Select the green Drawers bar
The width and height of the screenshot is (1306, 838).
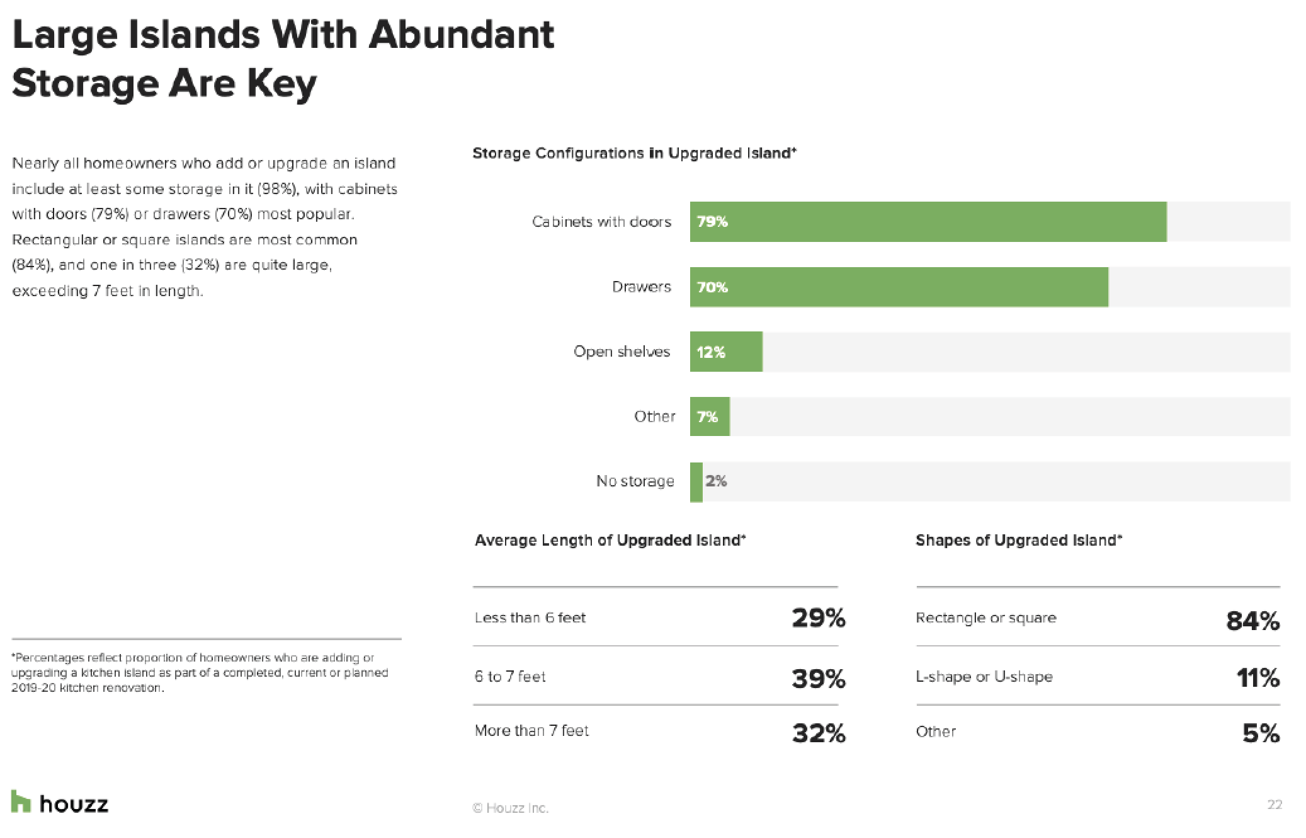[899, 287]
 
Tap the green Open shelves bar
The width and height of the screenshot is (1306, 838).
[726, 352]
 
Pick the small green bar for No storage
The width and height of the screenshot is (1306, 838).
[696, 482]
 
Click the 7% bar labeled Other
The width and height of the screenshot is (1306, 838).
[710, 416]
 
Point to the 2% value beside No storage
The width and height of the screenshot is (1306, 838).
[716, 481]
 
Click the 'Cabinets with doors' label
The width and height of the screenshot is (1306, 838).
[601, 222]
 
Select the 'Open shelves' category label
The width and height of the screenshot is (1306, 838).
[622, 352]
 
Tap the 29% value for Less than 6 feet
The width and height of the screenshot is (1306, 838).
[818, 618]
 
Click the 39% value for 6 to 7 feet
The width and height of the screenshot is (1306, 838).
[818, 678]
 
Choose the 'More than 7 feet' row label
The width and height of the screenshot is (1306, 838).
[531, 731]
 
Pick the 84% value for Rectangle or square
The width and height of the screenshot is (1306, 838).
[1252, 621]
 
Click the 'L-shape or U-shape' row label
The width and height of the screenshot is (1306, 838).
[984, 677]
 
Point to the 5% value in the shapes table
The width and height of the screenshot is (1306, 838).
[1261, 733]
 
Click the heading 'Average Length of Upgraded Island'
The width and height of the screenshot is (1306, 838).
[610, 541]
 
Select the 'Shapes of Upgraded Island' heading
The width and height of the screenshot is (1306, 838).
[1018, 541]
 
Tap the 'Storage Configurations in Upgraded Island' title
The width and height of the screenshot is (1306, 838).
[634, 153]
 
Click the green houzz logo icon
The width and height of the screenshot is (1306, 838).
[21, 801]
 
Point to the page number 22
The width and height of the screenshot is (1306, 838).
[1274, 805]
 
